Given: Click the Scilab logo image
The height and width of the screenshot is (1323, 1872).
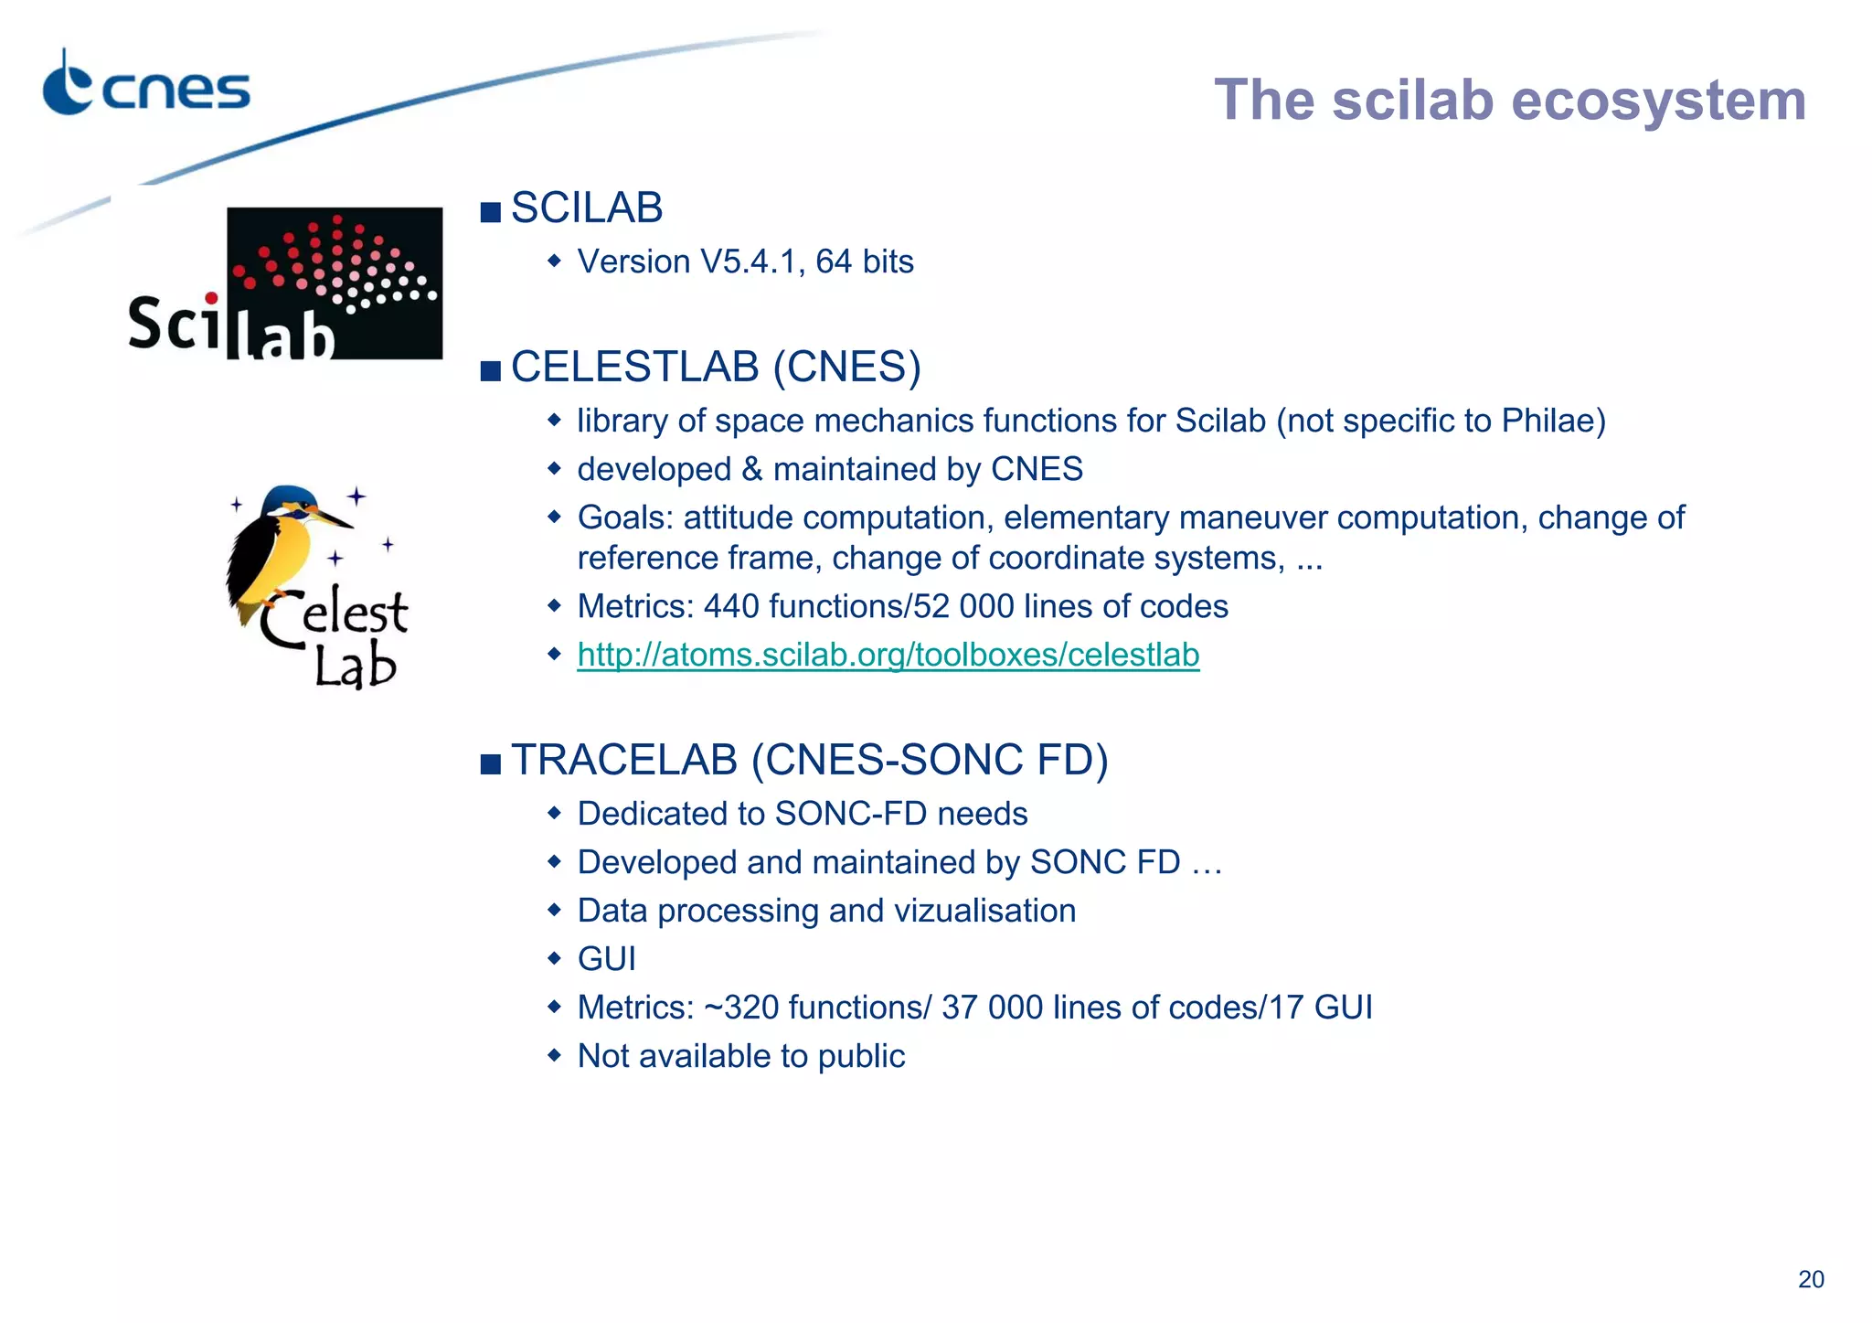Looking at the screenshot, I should (286, 283).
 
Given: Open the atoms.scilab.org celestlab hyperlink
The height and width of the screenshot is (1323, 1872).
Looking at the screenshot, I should (888, 655).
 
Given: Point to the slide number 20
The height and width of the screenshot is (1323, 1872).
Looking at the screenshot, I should (1811, 1279).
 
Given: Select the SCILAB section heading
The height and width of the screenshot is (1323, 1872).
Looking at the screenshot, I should (587, 208).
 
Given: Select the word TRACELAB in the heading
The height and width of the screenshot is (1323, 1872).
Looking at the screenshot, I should (624, 761).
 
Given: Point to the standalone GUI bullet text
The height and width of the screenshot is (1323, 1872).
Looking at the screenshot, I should (606, 959).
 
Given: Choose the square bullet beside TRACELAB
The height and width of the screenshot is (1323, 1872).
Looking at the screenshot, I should (491, 763).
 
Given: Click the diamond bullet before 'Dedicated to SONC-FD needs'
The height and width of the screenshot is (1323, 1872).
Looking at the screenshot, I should (554, 813).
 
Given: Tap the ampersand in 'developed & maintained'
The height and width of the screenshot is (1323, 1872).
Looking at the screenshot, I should (752, 470).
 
